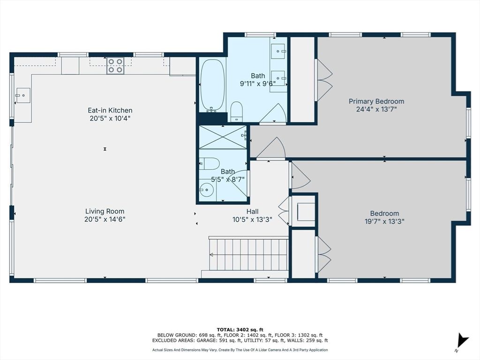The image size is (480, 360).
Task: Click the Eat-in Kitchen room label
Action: click(110, 111)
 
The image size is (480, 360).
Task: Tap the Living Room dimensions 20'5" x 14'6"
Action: click(105, 219)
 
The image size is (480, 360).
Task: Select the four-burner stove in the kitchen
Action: click(115, 66)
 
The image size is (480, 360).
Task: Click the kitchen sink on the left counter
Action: click(22, 95)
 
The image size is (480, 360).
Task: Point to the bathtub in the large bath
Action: click(212, 85)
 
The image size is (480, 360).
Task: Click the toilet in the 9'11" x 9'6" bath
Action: click(237, 111)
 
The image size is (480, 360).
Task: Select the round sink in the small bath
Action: click(206, 190)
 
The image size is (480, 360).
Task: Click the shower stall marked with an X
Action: click(222, 136)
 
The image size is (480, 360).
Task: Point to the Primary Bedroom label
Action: click(376, 101)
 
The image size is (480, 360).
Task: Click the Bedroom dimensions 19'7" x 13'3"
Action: click(384, 221)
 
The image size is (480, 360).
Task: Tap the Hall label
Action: click(252, 211)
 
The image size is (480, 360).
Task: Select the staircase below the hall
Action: click(248, 255)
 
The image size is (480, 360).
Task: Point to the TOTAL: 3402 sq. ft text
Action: click(240, 329)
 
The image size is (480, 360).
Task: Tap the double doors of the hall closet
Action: click(284, 211)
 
